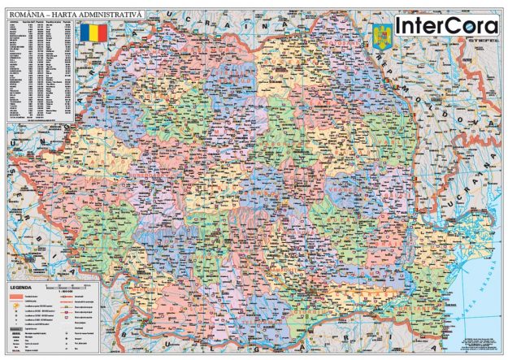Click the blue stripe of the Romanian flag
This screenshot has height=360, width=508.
click(x=84, y=35)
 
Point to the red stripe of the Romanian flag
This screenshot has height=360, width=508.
click(x=102, y=35)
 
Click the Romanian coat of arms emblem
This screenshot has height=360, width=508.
click(x=381, y=37)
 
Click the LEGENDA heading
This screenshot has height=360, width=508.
click(x=22, y=287)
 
